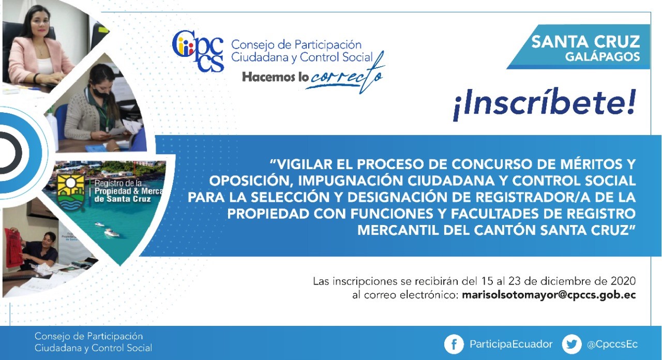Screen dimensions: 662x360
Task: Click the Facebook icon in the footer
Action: [454, 344]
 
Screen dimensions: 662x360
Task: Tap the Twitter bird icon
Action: [571, 344]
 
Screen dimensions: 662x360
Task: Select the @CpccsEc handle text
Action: [612, 344]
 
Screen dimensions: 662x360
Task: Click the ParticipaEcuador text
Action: [511, 344]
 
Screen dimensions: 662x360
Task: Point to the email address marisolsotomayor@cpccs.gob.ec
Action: [549, 295]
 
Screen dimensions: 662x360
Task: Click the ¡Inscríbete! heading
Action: [544, 104]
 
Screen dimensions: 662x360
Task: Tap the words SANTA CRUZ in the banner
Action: [585, 42]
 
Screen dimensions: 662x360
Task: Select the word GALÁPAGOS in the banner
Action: [603, 56]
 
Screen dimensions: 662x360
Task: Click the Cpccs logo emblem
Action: [198, 51]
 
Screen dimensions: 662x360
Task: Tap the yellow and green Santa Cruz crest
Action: [71, 192]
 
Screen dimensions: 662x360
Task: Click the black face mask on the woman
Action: [100, 92]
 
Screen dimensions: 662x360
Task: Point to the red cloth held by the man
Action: [13, 247]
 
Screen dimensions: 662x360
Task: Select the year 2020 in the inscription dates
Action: [624, 281]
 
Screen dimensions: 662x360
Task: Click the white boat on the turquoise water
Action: [112, 233]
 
